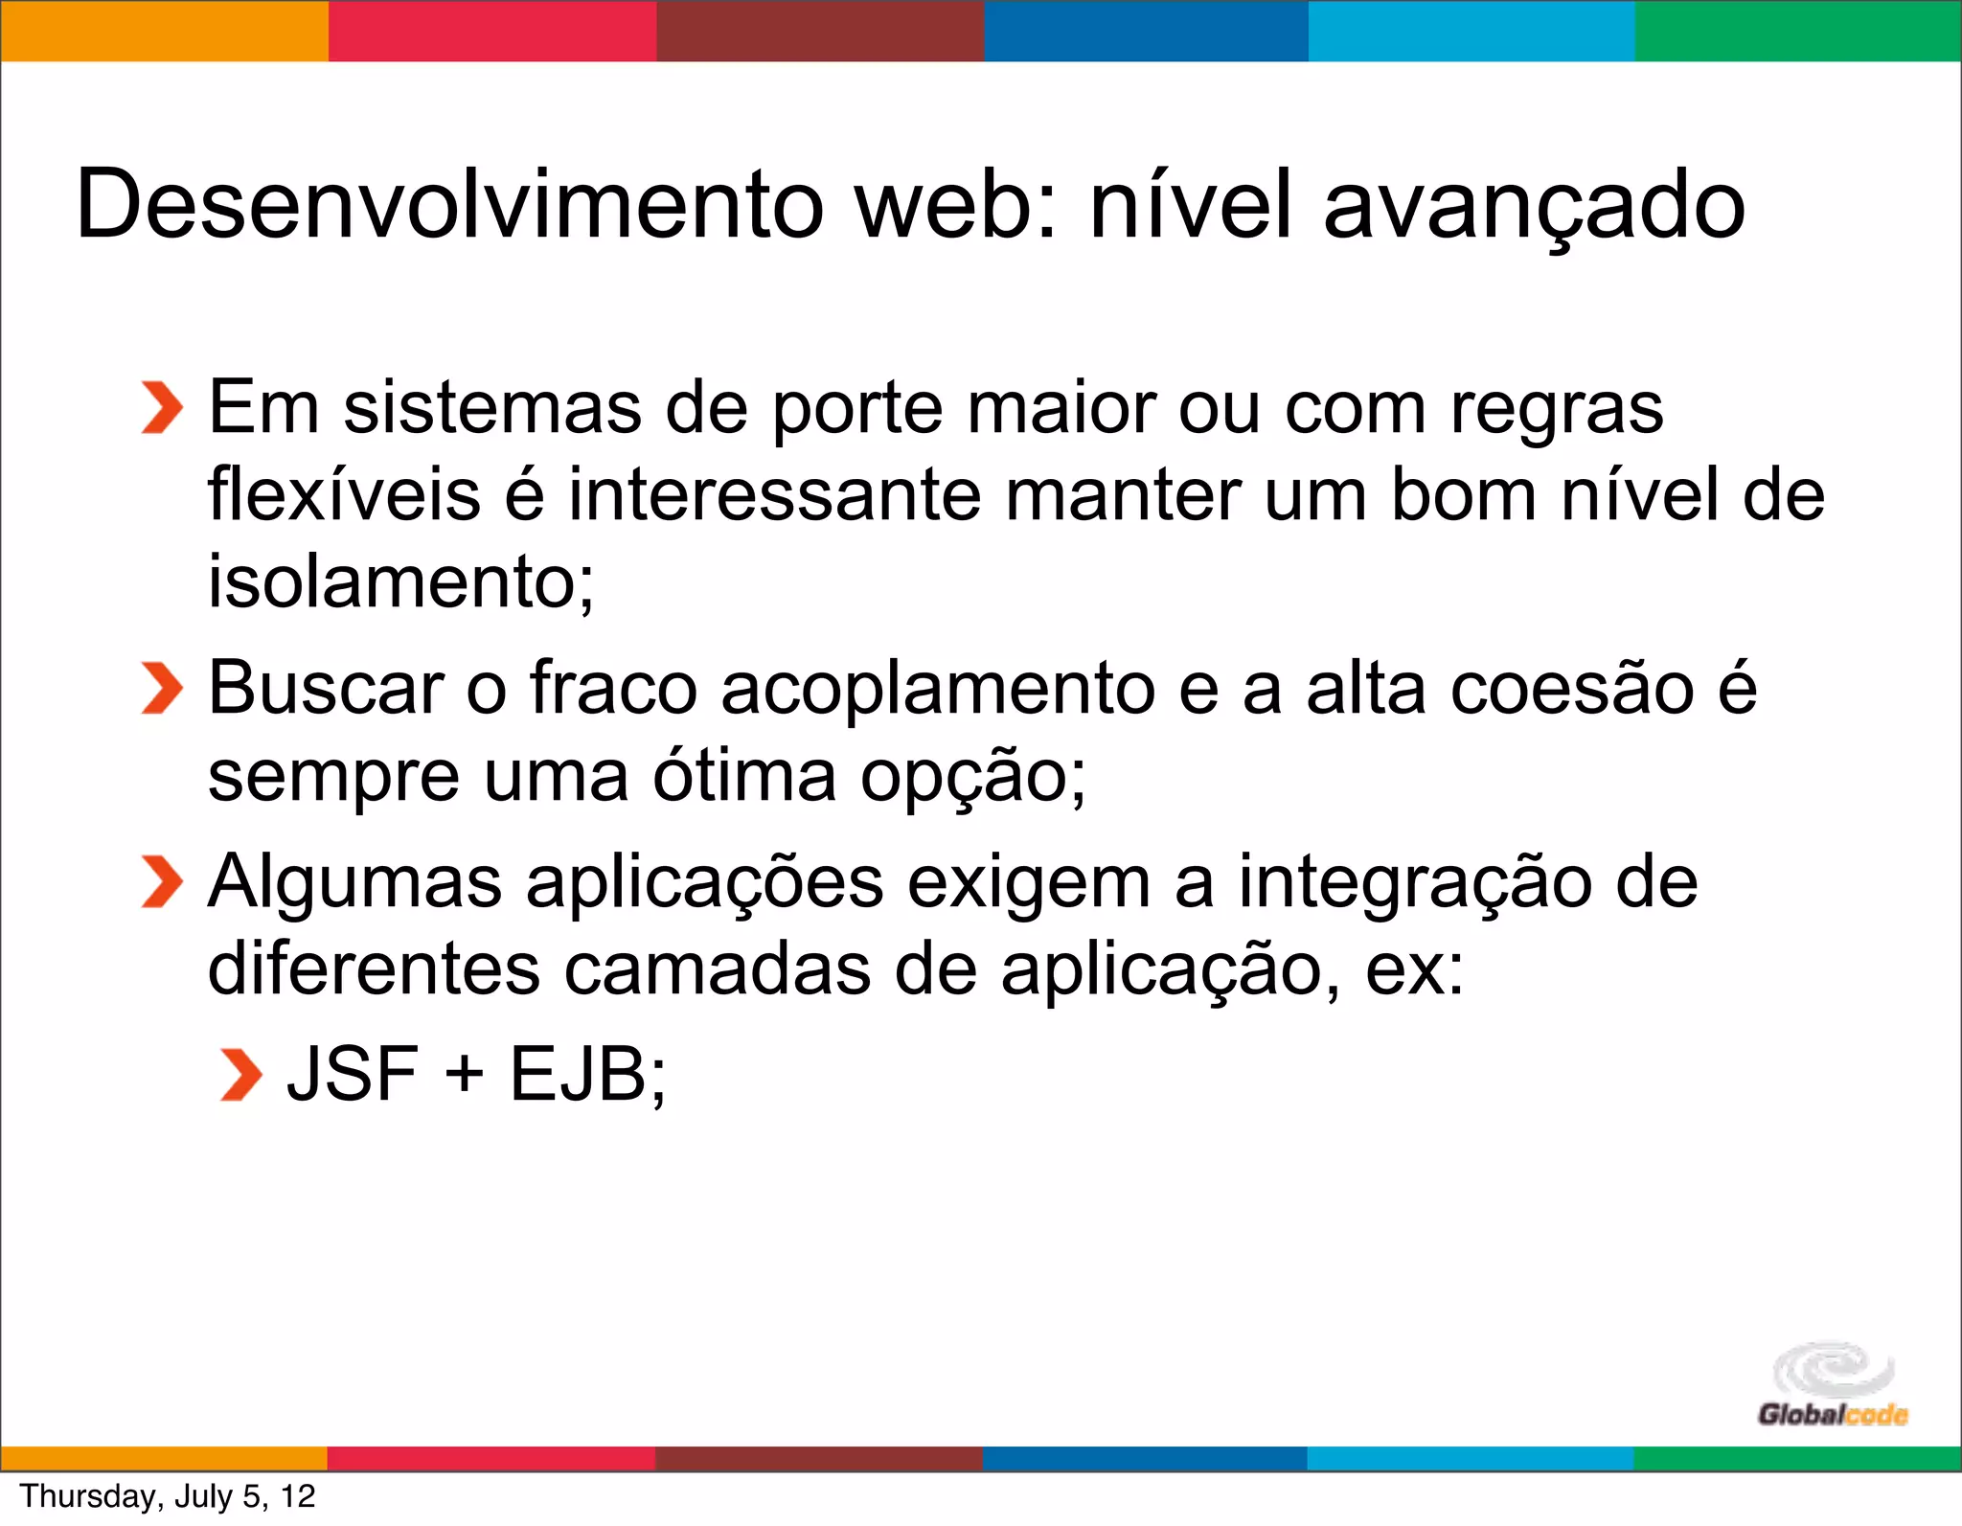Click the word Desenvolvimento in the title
point(449,204)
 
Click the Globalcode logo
point(1833,1385)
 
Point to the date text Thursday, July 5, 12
point(168,1496)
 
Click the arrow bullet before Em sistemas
point(161,408)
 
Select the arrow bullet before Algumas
point(161,881)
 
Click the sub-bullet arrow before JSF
point(240,1075)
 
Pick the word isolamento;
point(401,581)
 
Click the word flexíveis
point(344,494)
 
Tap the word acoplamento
point(938,688)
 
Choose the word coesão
point(1572,688)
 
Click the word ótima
point(744,776)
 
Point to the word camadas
point(717,969)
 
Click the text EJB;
point(587,1075)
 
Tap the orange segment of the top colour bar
point(164,31)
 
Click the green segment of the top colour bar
point(1797,31)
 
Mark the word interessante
point(775,494)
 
